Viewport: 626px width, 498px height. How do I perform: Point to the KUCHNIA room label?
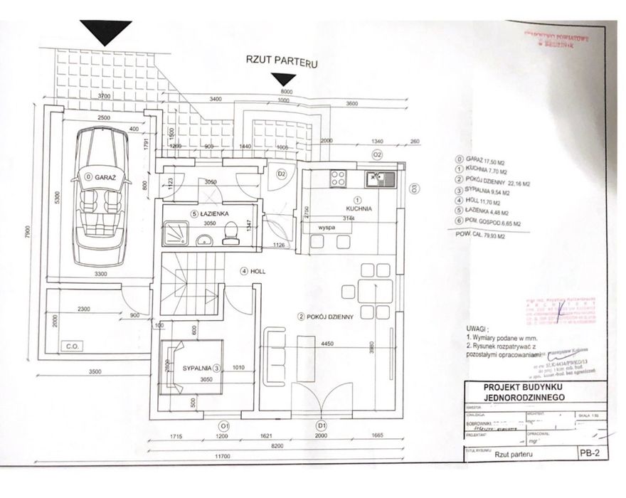coord(359,209)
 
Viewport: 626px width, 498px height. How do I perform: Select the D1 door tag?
coord(322,426)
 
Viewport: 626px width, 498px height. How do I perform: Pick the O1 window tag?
coord(223,426)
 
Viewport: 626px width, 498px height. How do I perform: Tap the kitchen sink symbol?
coord(374,178)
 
